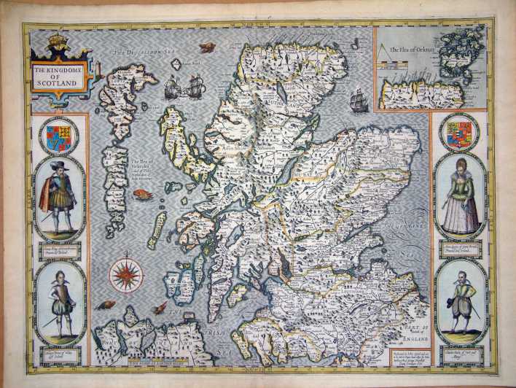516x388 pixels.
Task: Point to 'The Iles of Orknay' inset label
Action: pyautogui.click(x=407, y=49)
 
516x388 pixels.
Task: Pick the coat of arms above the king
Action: pyautogui.click(x=58, y=137)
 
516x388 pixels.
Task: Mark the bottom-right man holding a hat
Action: pyautogui.click(x=461, y=302)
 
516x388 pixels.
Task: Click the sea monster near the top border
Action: pyautogui.click(x=206, y=48)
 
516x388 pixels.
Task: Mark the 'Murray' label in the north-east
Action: pyautogui.click(x=292, y=175)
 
